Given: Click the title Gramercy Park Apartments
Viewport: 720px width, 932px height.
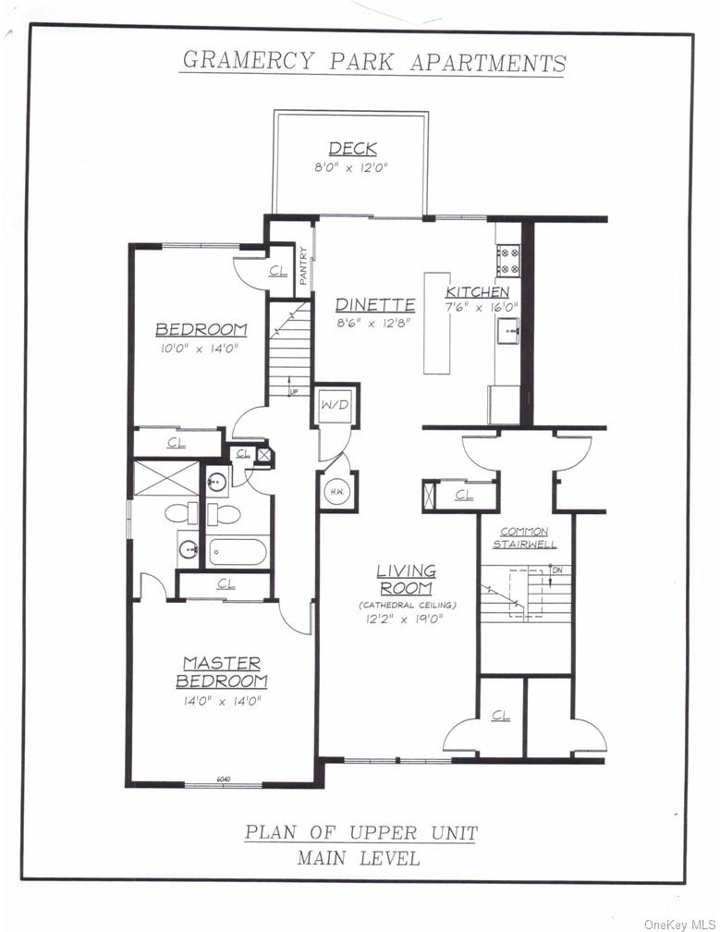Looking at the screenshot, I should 373,62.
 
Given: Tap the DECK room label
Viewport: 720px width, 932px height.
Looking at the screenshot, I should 352,150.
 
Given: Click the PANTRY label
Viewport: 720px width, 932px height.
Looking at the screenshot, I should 303,264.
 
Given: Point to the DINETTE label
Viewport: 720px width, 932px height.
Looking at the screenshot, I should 374,304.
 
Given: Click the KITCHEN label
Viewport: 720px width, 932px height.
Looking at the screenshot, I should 477,292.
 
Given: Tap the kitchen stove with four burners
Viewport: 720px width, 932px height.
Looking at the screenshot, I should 508,260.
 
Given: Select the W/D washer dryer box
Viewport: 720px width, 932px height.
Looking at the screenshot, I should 335,405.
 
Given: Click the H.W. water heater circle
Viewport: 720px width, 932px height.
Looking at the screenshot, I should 336,492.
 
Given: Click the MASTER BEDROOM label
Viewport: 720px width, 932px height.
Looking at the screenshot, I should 222,672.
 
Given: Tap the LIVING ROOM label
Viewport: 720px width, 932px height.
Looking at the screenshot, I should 406,579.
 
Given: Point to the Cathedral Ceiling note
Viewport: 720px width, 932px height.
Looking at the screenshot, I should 407,605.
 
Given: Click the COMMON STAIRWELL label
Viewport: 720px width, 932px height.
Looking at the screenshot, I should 524,537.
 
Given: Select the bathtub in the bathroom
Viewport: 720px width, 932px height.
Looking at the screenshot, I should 237,552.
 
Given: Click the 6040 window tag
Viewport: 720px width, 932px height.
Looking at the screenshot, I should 223,779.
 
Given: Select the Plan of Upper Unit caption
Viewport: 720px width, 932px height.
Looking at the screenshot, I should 360,832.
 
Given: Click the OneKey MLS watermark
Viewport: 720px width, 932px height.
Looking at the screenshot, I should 679,924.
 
